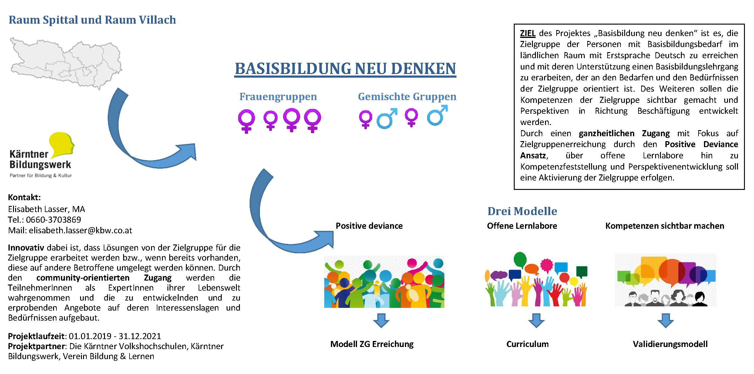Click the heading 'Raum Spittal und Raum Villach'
[x=92, y=20]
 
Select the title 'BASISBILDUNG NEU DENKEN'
[x=345, y=69]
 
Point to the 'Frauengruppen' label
[x=278, y=97]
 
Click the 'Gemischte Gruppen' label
[x=407, y=97]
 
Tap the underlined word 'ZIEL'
[x=527, y=33]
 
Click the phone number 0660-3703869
[x=53, y=220]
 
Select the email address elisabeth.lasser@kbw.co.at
[x=80, y=231]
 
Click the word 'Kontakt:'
[x=24, y=197]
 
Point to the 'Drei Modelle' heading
[x=522, y=211]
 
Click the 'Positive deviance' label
[x=369, y=226]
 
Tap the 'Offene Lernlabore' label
[x=522, y=226]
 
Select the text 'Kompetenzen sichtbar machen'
[x=665, y=226]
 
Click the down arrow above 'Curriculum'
[x=536, y=320]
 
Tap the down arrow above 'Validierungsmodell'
[x=665, y=320]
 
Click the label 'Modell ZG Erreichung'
[x=372, y=344]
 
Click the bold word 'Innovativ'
[x=26, y=248]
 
